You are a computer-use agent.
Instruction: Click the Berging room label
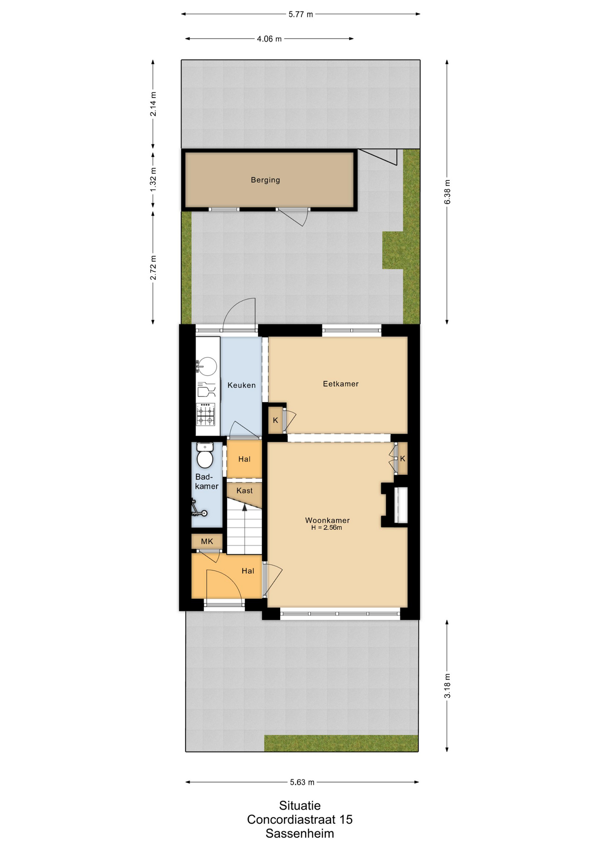click(x=265, y=180)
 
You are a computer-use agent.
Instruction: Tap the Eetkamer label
click(x=341, y=384)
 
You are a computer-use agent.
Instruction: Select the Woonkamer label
click(x=327, y=520)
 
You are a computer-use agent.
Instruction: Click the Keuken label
click(x=242, y=385)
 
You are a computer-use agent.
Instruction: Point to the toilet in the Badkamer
click(x=205, y=455)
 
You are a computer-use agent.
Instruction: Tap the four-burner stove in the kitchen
click(x=205, y=414)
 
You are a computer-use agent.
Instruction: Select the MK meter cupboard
click(x=207, y=541)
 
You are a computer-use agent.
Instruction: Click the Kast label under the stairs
click(x=244, y=491)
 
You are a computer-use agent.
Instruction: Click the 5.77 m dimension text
click(x=301, y=14)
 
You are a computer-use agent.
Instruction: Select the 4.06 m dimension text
click(x=269, y=39)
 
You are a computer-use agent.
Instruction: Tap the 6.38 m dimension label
click(x=447, y=192)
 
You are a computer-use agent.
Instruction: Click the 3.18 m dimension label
click(x=447, y=686)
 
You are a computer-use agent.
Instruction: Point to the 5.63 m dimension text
click(x=302, y=782)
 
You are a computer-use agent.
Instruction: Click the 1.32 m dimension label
click(x=153, y=180)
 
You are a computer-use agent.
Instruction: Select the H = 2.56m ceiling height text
click(x=327, y=528)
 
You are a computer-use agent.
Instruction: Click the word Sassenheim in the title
click(x=300, y=834)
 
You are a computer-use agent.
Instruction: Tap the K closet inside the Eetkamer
click(x=276, y=421)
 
